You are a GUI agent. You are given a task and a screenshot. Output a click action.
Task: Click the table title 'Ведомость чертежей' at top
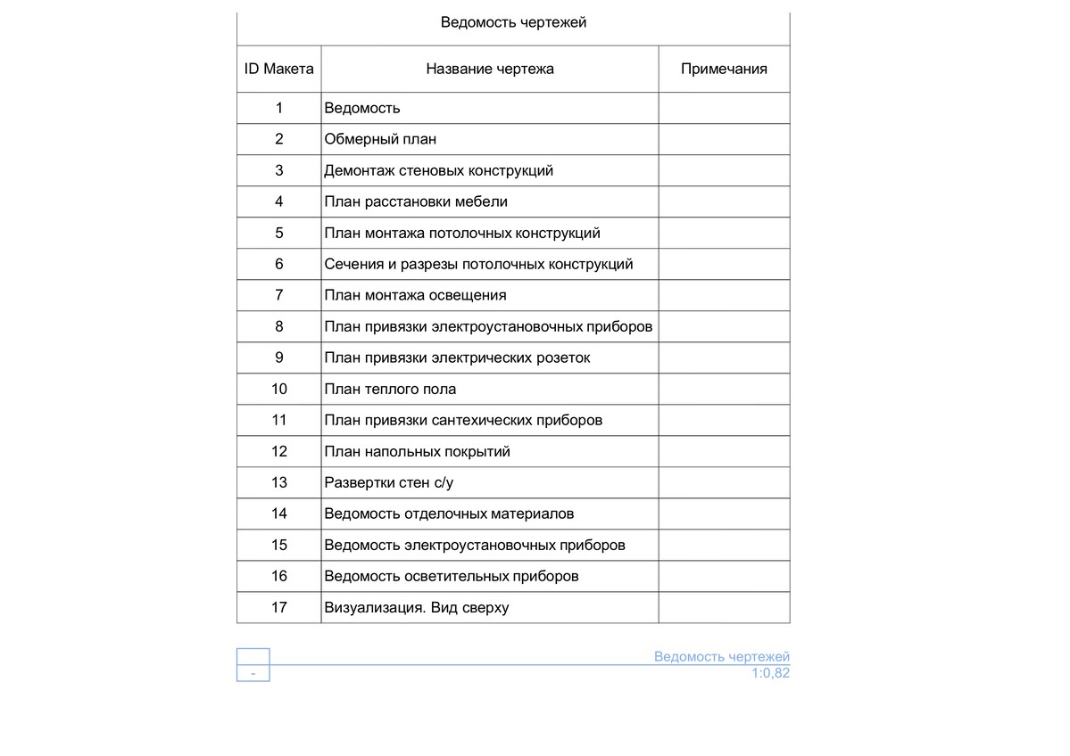513,22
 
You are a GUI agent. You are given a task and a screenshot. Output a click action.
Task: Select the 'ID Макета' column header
279,69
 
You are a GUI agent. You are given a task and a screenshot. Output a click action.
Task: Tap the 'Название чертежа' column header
489,69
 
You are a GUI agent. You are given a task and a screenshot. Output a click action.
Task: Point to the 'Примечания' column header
724,69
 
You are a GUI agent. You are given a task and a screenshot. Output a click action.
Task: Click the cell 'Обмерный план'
380,139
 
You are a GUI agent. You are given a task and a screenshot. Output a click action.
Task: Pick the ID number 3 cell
279,170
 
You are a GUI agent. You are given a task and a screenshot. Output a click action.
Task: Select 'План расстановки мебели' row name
416,201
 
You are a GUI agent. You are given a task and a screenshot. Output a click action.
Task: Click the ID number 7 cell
279,295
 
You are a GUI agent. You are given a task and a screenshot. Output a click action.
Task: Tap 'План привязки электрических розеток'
457,357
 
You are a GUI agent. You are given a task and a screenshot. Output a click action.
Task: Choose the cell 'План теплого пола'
390,389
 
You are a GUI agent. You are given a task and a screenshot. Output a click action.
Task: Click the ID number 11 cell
279,420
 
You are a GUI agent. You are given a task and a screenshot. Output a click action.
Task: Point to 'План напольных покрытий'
417,451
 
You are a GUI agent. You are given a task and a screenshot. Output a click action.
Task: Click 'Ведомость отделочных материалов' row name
449,514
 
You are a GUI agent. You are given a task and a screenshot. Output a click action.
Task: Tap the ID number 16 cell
279,576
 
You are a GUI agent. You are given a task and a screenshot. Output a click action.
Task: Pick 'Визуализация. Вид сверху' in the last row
416,607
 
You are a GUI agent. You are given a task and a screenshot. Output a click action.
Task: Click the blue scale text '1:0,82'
770,673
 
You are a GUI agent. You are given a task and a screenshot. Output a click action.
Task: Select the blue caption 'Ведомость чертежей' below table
721,657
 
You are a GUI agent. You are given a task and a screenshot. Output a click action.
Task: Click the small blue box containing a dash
253,673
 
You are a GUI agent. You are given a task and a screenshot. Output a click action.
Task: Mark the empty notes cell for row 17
724,607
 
